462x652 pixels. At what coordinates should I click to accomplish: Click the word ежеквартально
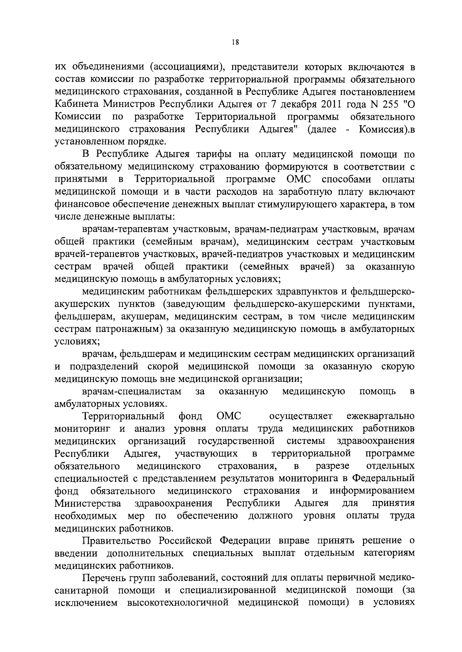tap(380, 417)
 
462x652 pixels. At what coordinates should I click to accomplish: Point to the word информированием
tap(372, 491)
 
